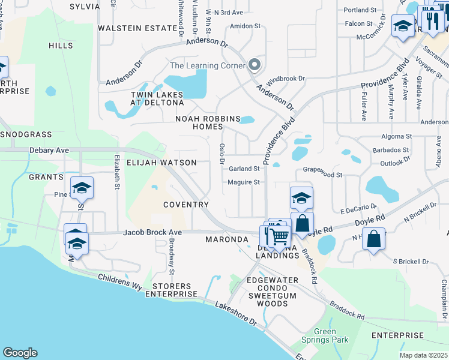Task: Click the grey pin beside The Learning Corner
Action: (255, 65)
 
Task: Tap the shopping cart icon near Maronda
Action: (278, 236)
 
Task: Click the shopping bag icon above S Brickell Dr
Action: (373, 239)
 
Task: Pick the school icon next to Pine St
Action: (82, 188)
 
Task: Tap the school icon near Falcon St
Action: (402, 26)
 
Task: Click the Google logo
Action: (20, 353)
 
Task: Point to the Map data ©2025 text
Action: (423, 355)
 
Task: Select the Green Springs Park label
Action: (324, 335)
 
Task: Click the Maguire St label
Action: (243, 182)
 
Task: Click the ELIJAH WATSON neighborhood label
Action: (161, 163)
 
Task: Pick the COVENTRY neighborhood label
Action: (186, 205)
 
